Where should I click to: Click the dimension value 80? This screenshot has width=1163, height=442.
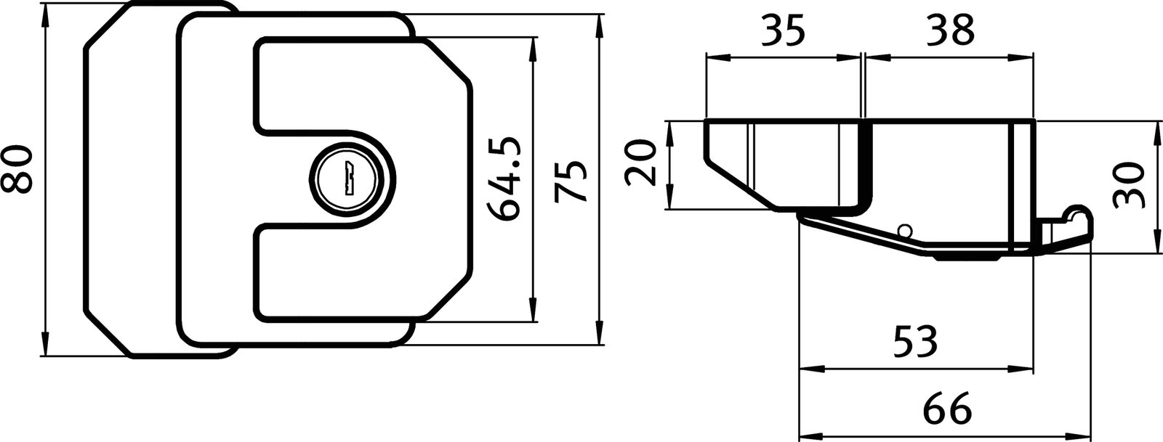(x=16, y=169)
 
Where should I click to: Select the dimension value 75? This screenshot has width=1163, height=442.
(x=570, y=181)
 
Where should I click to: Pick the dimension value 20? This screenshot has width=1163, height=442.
(x=641, y=164)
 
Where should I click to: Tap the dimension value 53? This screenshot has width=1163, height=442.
(x=914, y=341)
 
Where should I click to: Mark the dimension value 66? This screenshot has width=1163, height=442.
(x=948, y=409)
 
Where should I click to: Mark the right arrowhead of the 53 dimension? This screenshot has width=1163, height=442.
(x=1026, y=368)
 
